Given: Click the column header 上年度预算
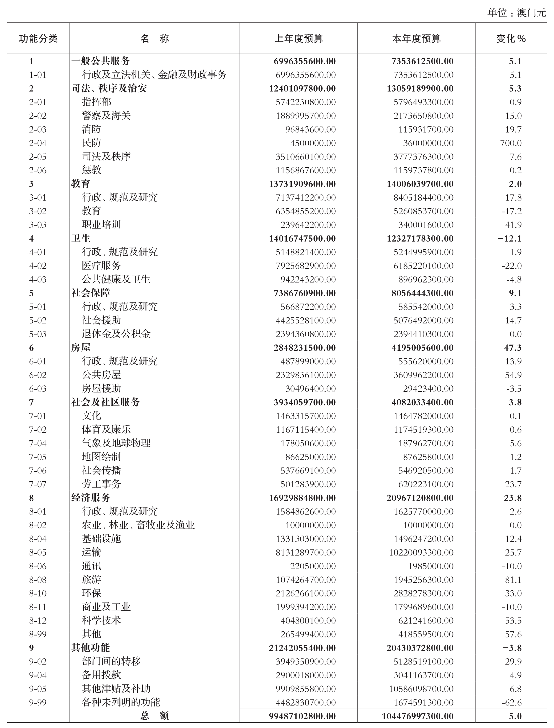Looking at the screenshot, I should click(299, 39).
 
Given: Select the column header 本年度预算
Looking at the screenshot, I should click(416, 39).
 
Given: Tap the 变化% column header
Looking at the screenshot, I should click(511, 39).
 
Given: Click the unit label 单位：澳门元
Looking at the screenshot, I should click(517, 13).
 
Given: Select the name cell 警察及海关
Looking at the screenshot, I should click(106, 116).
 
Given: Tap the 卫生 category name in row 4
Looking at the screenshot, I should click(81, 238).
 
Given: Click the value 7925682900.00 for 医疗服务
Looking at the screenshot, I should click(306, 266).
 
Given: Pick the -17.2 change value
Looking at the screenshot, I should click(511, 211).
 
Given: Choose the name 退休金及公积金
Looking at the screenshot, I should click(116, 334).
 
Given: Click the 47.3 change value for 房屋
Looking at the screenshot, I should click(513, 348).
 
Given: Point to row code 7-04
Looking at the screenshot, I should click(38, 443).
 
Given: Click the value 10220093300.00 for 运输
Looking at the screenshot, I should click(421, 553).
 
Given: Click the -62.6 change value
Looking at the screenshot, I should click(511, 703).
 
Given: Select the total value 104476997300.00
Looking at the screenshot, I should click(417, 716).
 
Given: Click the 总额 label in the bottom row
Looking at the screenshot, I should click(154, 716).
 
